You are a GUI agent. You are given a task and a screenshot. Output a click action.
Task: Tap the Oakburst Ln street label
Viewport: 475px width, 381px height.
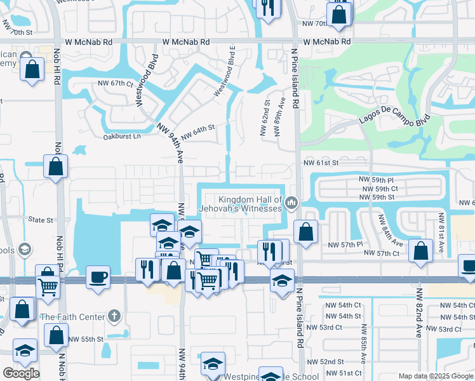tap(121, 136)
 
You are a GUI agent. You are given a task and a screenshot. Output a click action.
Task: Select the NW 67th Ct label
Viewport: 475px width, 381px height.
tap(115, 83)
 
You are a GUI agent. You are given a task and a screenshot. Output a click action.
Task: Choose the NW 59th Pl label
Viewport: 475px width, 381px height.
tap(378, 180)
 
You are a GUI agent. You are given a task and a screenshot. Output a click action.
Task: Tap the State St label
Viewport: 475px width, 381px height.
tap(41, 220)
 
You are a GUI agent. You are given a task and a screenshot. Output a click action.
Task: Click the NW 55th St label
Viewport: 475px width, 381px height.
tap(86, 340)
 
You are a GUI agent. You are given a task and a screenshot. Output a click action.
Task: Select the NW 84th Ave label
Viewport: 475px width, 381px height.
tap(389, 231)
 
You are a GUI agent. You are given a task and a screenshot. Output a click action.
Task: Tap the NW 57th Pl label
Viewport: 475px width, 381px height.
tap(345, 244)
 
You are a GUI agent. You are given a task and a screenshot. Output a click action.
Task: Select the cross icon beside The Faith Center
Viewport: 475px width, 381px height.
tap(114, 316)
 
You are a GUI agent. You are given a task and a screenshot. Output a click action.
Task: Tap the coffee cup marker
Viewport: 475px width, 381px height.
tap(97, 277)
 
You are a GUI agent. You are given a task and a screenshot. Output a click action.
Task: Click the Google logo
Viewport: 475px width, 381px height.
tap(21, 373)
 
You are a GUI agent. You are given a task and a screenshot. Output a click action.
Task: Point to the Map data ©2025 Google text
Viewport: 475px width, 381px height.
tap(436, 376)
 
